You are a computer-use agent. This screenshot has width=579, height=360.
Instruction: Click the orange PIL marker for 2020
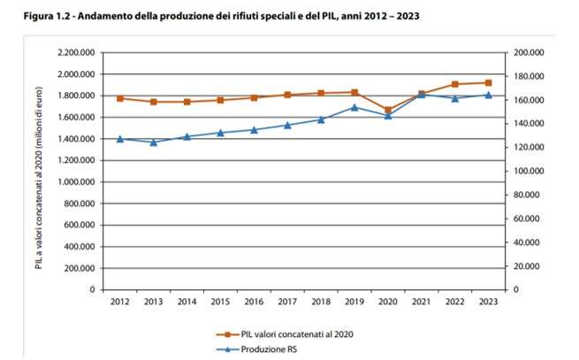coord(387,111)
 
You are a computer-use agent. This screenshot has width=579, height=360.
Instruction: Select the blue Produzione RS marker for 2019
coord(354,107)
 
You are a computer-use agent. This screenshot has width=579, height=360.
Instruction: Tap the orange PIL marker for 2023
coord(488,83)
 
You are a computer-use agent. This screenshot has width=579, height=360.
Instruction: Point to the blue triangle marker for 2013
coord(154,142)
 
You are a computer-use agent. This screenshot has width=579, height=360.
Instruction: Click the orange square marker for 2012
coord(119,98)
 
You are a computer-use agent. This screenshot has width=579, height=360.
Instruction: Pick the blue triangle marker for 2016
coord(254,129)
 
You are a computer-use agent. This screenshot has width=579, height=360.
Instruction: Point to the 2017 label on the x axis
coord(286,303)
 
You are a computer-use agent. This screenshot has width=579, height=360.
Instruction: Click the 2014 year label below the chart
coord(187,303)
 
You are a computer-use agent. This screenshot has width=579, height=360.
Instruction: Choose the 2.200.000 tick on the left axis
coord(76,53)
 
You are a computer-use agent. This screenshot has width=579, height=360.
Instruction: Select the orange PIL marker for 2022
coord(454,85)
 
